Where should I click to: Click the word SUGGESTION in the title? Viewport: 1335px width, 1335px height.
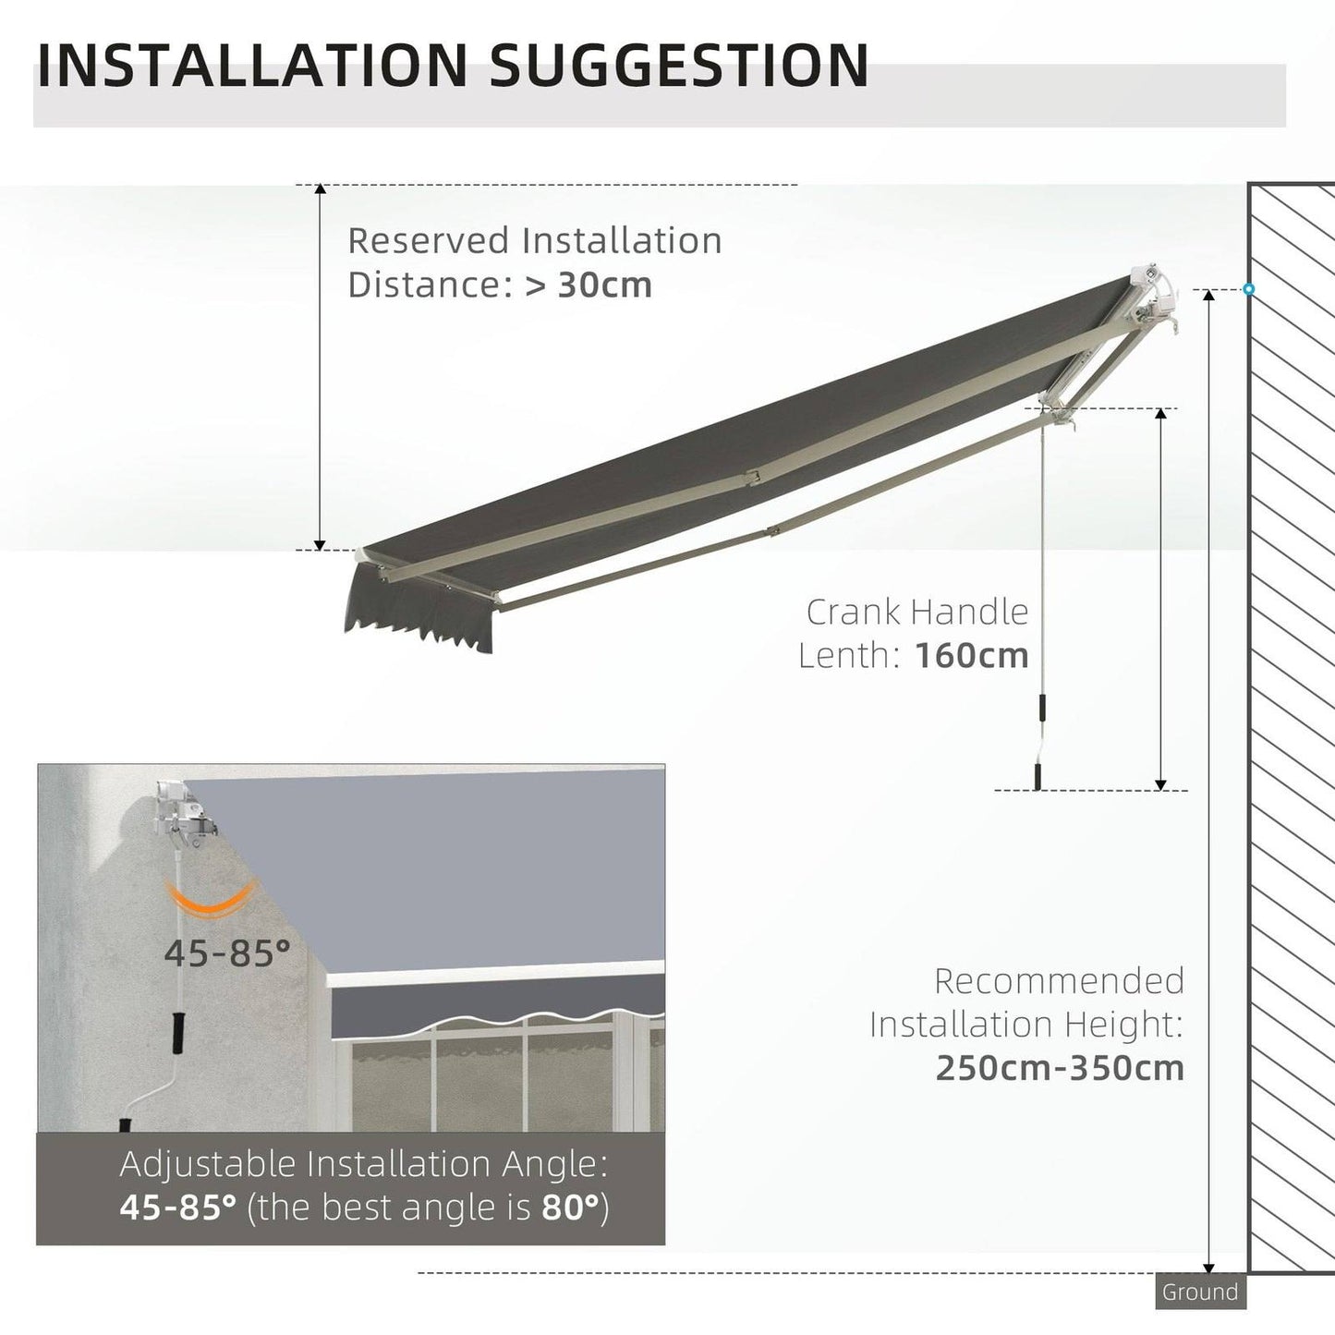click(x=678, y=66)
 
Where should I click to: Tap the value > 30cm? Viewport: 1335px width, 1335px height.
click(x=589, y=285)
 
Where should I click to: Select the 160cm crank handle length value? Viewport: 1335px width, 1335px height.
click(x=971, y=656)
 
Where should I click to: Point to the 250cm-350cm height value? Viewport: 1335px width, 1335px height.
click(x=1059, y=1068)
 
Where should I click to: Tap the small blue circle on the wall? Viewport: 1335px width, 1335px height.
click(x=1248, y=289)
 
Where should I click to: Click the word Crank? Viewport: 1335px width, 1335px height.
click(x=853, y=612)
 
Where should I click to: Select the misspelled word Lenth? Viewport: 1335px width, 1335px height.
click(x=849, y=656)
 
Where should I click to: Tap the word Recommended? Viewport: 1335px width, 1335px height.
click(x=1059, y=981)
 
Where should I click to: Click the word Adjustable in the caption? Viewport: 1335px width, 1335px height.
click(x=208, y=1164)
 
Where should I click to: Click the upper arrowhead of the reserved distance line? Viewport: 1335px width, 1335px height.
click(x=320, y=190)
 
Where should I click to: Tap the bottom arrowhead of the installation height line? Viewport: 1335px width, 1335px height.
click(x=1208, y=1267)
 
